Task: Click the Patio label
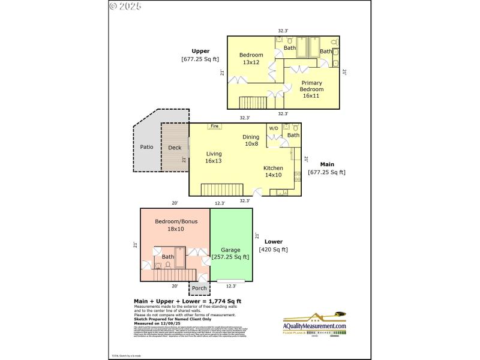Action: tap(146, 147)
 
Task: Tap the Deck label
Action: tap(175, 148)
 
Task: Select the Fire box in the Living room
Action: tap(214, 127)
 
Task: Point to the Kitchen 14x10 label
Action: tap(274, 172)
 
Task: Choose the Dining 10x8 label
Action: tap(251, 140)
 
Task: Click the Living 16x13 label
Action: tap(214, 157)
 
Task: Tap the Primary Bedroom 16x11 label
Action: tap(312, 89)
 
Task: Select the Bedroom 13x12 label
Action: tap(251, 58)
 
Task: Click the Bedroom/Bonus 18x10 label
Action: tap(176, 225)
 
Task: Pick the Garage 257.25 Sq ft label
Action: tap(230, 254)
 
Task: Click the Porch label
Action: tap(199, 289)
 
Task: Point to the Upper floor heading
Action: tap(200, 51)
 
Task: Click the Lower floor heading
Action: tap(273, 242)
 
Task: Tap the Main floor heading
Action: tap(327, 164)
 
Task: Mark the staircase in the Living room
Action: tap(221, 189)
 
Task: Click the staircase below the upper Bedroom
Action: tap(252, 102)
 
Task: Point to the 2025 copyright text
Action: tap(125, 7)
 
